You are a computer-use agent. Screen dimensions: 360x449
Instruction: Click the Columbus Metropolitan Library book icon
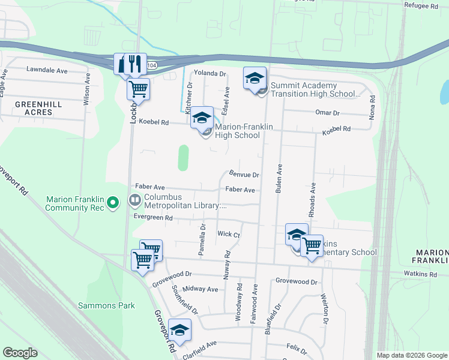[135, 200]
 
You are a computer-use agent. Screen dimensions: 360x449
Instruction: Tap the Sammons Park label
[106, 305]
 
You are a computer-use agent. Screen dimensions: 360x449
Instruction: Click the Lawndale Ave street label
[47, 70]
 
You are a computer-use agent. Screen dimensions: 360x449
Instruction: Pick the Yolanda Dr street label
[209, 74]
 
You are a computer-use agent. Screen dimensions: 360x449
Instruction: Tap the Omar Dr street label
[327, 113]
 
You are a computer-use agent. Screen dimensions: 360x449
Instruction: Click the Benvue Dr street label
[244, 175]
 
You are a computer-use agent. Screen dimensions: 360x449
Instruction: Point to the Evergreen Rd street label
[153, 218]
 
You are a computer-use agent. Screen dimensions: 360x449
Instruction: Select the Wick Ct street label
[229, 235]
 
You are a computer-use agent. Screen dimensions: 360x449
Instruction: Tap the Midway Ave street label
[204, 289]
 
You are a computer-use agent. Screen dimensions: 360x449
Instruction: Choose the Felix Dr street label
[293, 347]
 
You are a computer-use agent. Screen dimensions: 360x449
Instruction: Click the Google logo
[20, 353]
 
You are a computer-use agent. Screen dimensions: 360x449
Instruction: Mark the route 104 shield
[153, 65]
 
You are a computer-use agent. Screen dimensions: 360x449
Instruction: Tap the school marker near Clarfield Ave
[179, 331]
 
